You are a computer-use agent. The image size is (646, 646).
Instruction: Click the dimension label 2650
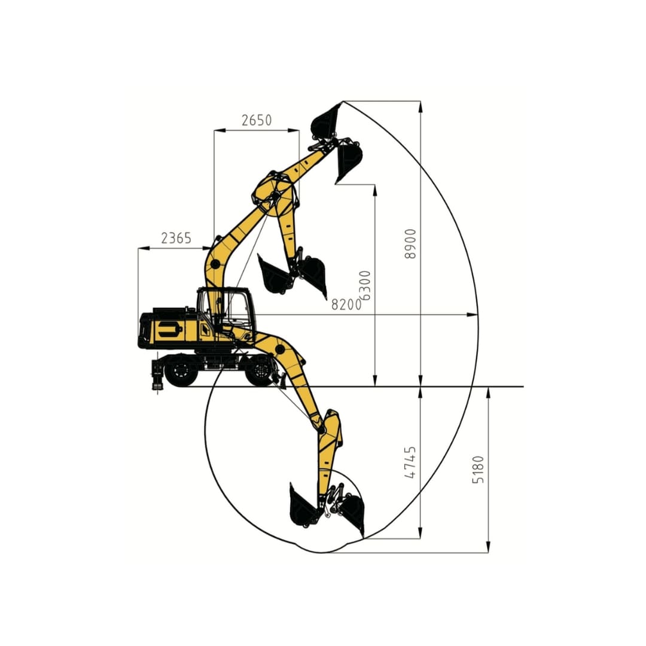(256, 120)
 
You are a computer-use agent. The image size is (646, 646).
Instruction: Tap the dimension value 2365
(176, 238)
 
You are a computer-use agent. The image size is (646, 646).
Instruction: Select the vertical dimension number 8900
(410, 243)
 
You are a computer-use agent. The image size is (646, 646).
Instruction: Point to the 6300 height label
(365, 285)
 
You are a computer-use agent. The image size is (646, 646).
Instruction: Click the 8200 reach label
(346, 304)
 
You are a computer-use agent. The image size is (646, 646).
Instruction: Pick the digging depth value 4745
(410, 462)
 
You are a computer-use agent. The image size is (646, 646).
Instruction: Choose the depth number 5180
(478, 470)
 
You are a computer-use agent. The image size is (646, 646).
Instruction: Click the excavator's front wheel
(260, 371)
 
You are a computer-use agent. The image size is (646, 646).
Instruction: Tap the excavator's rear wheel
(181, 371)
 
